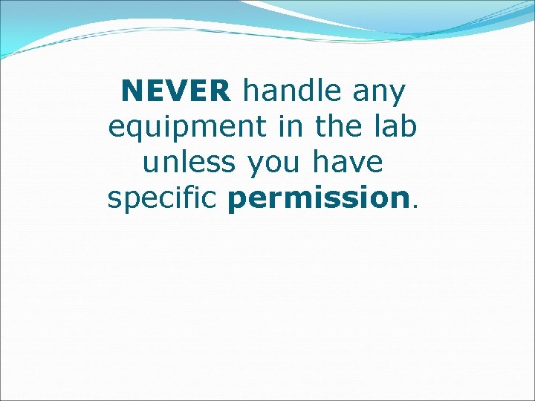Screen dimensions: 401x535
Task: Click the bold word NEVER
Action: tap(176, 92)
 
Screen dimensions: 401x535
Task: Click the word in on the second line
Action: tap(288, 126)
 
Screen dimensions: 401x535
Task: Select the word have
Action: tap(348, 162)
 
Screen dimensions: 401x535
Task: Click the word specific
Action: tap(164, 198)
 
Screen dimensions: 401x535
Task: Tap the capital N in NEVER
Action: tap(130, 92)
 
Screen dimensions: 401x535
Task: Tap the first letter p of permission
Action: tap(237, 200)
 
